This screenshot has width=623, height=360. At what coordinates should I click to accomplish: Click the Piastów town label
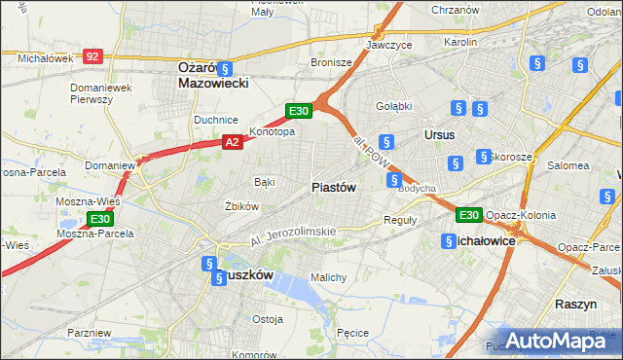click(334, 187)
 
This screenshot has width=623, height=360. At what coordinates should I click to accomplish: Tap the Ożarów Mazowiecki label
click(213, 76)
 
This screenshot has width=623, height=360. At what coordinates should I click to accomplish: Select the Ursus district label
click(439, 134)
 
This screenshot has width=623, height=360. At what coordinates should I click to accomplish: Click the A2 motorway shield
click(232, 142)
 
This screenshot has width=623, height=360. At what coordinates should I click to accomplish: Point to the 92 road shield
click(92, 57)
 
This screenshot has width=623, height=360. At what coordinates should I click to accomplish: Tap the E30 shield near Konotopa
click(299, 111)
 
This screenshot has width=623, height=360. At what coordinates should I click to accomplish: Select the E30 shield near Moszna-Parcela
click(100, 220)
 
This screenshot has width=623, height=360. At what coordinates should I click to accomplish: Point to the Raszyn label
click(575, 304)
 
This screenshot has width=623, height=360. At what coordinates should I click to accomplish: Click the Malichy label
click(328, 277)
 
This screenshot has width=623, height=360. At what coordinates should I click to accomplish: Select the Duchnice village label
click(216, 120)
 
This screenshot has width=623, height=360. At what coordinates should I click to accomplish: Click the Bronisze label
click(331, 61)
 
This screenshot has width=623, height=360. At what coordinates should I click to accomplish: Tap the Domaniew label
click(109, 165)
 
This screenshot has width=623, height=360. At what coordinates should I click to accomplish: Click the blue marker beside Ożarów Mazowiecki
click(225, 68)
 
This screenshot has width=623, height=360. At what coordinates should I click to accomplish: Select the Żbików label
click(240, 206)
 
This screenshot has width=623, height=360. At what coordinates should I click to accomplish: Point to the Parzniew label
click(90, 333)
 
